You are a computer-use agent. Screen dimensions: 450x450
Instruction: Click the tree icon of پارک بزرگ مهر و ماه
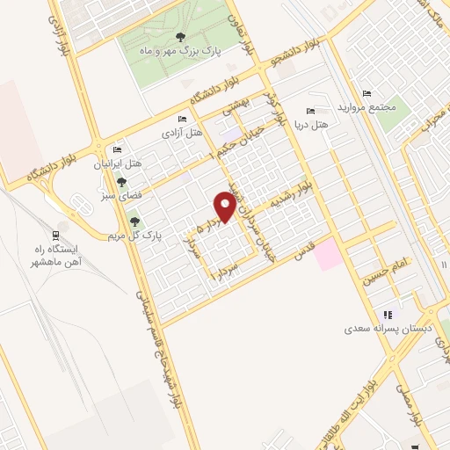pyautogui.click(x=180, y=37)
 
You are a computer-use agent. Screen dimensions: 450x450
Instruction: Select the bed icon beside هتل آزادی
pyautogui.click(x=182, y=120)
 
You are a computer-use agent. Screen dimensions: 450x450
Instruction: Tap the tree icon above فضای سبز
pyautogui.click(x=121, y=182)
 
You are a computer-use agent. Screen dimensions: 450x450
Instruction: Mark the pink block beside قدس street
pyautogui.click(x=326, y=256)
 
